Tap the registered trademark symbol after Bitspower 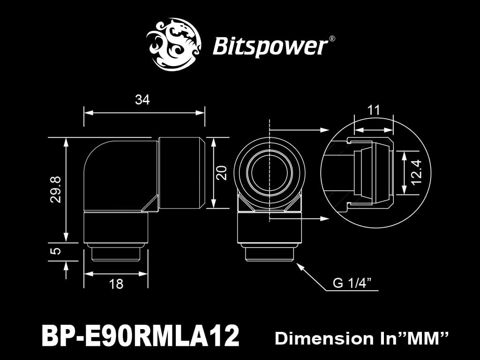point(332,39)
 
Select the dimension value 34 point(142,99)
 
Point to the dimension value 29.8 point(56,189)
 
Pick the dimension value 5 point(56,251)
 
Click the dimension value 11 point(373,111)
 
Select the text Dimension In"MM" point(362,338)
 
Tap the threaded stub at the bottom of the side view point(116,253)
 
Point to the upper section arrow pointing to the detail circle point(323,129)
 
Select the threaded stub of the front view point(269,254)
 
